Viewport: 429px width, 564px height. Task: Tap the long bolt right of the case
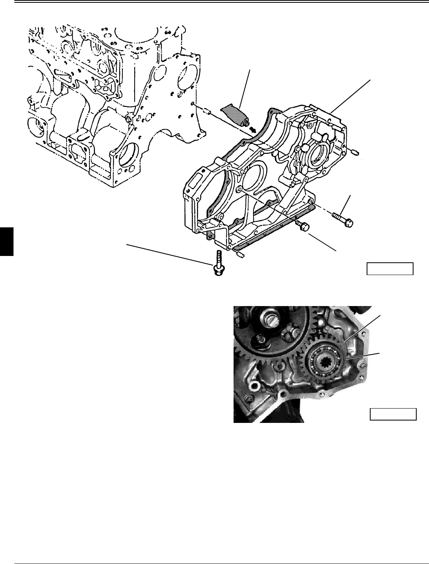(x=342, y=219)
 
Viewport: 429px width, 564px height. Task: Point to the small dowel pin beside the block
(x=206, y=110)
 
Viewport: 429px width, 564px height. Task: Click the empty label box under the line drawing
(x=390, y=269)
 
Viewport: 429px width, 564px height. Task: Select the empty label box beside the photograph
(x=393, y=414)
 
